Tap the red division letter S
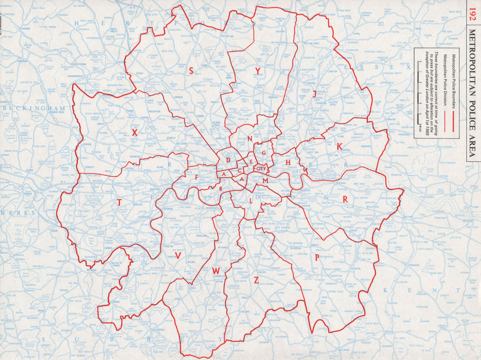191,71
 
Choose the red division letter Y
258,71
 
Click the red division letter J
315,94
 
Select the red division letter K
340,146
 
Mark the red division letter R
345,199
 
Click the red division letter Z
256,280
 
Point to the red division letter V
178,256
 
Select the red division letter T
119,203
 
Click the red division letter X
135,132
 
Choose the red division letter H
288,163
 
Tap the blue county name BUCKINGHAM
34,109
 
